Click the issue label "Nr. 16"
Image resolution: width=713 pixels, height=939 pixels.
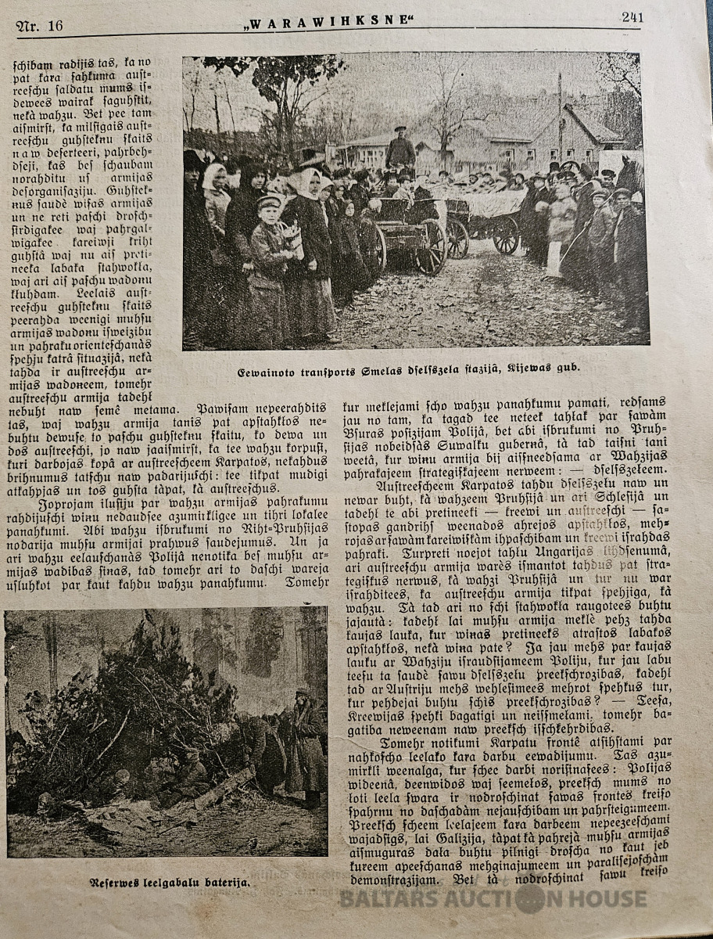40,25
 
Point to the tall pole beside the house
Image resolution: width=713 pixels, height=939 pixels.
560,117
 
